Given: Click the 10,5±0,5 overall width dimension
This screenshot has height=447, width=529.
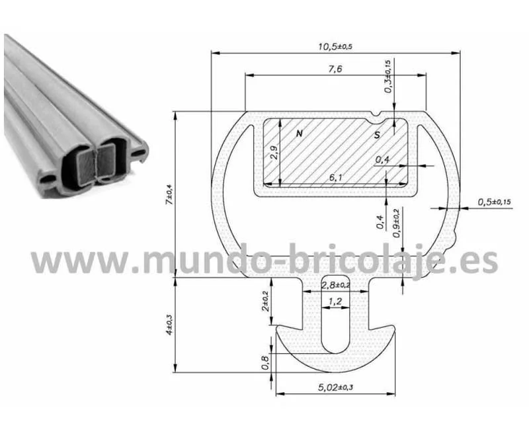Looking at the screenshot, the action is tap(335, 46).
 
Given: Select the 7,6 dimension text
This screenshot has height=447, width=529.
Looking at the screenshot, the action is tap(335, 69).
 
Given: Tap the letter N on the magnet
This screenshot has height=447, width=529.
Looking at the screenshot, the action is tap(300, 134).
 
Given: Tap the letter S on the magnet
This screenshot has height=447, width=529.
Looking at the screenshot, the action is tap(377, 135).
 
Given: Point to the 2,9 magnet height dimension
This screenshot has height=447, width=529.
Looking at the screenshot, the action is tap(274, 152).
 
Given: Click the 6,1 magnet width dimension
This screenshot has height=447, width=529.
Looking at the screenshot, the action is tap(335, 177).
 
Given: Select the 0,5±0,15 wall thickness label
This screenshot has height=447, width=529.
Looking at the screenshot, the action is tap(494, 202).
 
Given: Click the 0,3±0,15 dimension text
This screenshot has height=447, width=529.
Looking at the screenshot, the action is tap(388, 76).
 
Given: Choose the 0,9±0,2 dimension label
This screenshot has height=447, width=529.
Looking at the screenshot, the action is tap(397, 223).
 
